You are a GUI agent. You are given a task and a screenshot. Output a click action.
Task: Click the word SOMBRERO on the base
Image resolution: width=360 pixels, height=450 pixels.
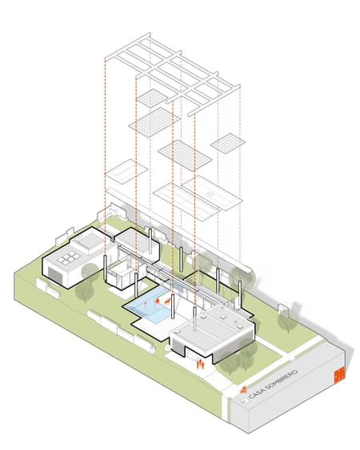pos(281,380)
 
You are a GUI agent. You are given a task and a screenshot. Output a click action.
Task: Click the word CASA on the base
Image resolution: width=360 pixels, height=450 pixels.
pos(255,395)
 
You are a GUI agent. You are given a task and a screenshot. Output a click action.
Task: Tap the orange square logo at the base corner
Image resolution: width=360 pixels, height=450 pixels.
pos(339,375)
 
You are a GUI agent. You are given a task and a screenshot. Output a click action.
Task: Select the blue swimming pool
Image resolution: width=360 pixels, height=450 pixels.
pos(150,304)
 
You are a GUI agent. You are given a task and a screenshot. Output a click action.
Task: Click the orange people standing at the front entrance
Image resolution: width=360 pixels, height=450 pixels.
pos(200,364)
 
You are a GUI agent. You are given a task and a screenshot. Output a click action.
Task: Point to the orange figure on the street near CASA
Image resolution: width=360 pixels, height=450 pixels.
pos(243,390)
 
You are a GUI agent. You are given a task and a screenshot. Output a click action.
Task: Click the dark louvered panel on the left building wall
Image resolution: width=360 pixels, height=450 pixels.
pos(54,273)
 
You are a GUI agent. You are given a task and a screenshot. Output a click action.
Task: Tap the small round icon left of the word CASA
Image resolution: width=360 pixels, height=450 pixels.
pos(245,401)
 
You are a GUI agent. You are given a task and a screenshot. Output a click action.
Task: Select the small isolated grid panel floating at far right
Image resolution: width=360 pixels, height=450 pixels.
pos(228,142)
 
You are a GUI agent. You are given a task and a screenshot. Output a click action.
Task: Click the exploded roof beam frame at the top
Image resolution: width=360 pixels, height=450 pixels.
pos(172,74)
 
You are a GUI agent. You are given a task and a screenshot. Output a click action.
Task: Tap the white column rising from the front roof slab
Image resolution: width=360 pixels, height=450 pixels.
pos(194,319)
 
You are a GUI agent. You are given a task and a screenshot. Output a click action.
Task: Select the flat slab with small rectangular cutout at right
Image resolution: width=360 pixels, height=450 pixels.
pos(212,193)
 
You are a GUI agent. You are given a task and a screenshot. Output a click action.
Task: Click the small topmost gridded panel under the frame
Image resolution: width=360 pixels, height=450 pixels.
pos(152,98)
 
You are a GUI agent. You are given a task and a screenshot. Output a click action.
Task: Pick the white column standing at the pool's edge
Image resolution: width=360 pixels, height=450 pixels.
pos(173,306)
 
